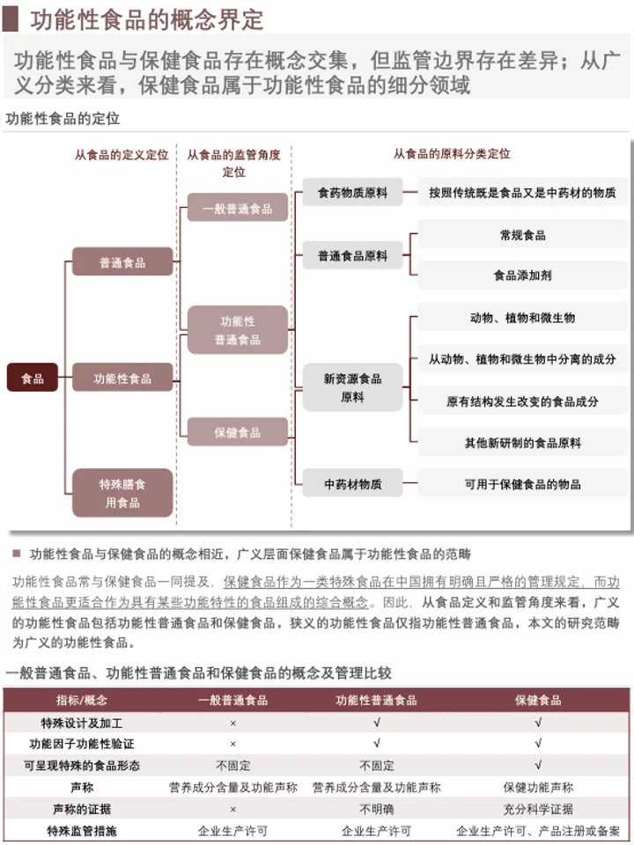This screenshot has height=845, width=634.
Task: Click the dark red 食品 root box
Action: [x=33, y=378]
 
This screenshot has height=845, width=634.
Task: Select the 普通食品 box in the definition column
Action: [x=122, y=261]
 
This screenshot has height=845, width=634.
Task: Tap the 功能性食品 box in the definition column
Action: [x=122, y=378]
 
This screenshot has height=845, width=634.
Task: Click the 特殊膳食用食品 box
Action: [x=122, y=493]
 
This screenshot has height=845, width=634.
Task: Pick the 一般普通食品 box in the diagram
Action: [x=237, y=208]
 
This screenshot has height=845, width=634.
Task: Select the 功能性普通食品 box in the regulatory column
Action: [x=237, y=330]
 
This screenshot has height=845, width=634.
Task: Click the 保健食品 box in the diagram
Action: [x=237, y=432]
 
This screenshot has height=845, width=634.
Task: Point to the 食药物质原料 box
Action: [x=352, y=192]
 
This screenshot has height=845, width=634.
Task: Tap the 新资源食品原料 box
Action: [x=352, y=387]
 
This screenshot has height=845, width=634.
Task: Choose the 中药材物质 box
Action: [x=352, y=483]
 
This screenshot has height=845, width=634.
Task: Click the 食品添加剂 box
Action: [x=522, y=276]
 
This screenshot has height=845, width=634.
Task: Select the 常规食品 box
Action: [x=522, y=235]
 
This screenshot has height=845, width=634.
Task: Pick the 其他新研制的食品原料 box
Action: [x=522, y=443]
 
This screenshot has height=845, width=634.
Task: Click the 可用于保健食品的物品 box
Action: [x=522, y=483]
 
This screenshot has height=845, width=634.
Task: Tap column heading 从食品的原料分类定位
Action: [x=451, y=153]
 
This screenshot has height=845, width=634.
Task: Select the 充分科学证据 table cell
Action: [x=537, y=808]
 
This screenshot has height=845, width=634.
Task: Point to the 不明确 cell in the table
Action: [x=376, y=808]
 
